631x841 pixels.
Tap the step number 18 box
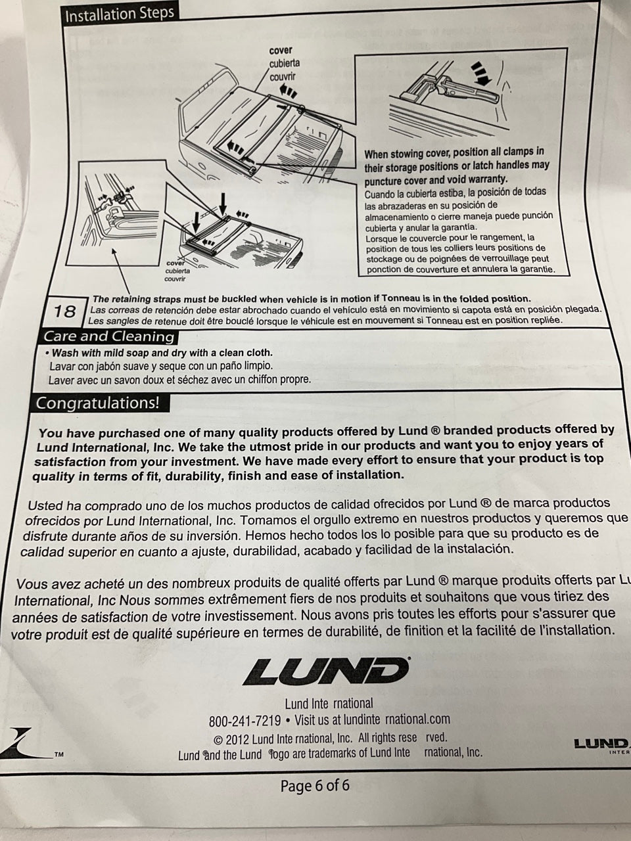pos(64,311)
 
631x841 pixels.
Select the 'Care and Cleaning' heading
pos(109,336)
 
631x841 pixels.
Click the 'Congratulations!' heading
pos(97,403)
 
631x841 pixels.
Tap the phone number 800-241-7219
pos(245,720)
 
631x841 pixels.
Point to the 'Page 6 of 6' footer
pos(315,785)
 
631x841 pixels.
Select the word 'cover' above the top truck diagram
pos(281,51)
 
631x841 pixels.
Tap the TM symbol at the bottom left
pos(59,755)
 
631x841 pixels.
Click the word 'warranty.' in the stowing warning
pos(487,179)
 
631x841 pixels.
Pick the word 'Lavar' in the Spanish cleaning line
pos(62,366)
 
